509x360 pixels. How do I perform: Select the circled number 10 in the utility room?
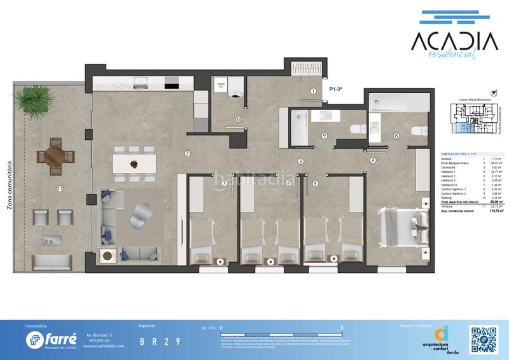(239, 119)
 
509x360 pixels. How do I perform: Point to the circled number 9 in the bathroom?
(324, 135)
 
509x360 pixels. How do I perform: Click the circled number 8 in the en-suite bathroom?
(396, 135)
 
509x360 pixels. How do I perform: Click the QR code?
(482, 338)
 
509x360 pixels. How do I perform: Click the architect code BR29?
(160, 341)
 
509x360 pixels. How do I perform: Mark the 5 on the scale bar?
(343, 328)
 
